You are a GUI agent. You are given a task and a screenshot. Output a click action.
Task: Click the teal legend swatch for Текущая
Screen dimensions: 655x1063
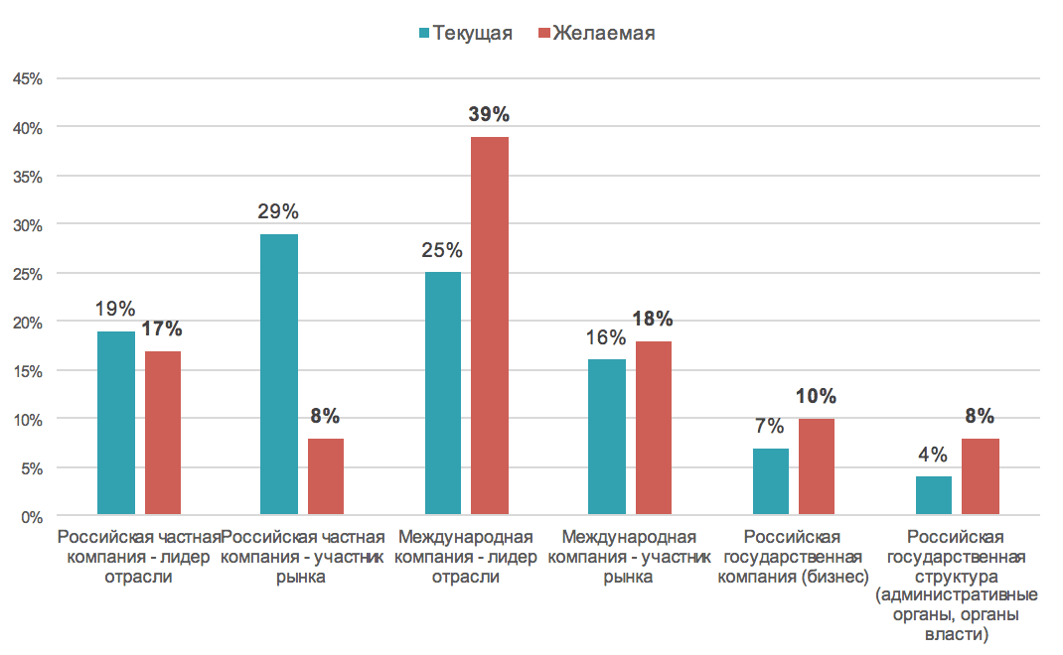[x=424, y=34]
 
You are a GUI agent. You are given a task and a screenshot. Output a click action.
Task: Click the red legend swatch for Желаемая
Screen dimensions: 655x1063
[x=543, y=34]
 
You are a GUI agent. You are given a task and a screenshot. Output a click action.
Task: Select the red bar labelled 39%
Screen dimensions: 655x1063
[x=490, y=327]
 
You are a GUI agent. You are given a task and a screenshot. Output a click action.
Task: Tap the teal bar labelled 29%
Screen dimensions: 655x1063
[x=278, y=375]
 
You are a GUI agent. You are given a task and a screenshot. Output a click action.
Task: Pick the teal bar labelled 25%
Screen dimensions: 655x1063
[x=443, y=394]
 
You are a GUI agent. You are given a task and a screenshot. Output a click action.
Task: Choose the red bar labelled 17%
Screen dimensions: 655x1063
[x=163, y=434]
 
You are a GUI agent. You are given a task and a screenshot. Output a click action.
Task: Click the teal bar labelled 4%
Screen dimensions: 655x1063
[x=933, y=496]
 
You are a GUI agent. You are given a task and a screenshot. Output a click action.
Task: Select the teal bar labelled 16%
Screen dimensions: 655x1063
[x=606, y=438]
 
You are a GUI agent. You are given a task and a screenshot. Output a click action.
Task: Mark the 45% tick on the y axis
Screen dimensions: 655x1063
[x=28, y=78]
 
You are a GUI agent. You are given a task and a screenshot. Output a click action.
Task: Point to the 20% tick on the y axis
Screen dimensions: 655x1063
[x=28, y=323]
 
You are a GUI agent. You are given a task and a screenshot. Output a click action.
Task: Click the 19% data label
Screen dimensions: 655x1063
[x=115, y=309]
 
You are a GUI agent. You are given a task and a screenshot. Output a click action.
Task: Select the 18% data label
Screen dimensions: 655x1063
[x=654, y=319]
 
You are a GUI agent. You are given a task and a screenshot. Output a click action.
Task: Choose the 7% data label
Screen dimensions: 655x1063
[x=770, y=427]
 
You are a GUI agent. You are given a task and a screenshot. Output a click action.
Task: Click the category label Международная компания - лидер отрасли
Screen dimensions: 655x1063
[x=466, y=558]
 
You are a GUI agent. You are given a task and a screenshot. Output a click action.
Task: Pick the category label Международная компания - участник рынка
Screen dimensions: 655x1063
[x=629, y=558]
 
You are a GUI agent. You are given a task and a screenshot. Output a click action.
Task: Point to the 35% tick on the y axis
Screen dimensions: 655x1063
[x=28, y=177]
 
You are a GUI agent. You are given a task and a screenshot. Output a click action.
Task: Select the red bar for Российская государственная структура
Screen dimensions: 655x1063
[x=980, y=477]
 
